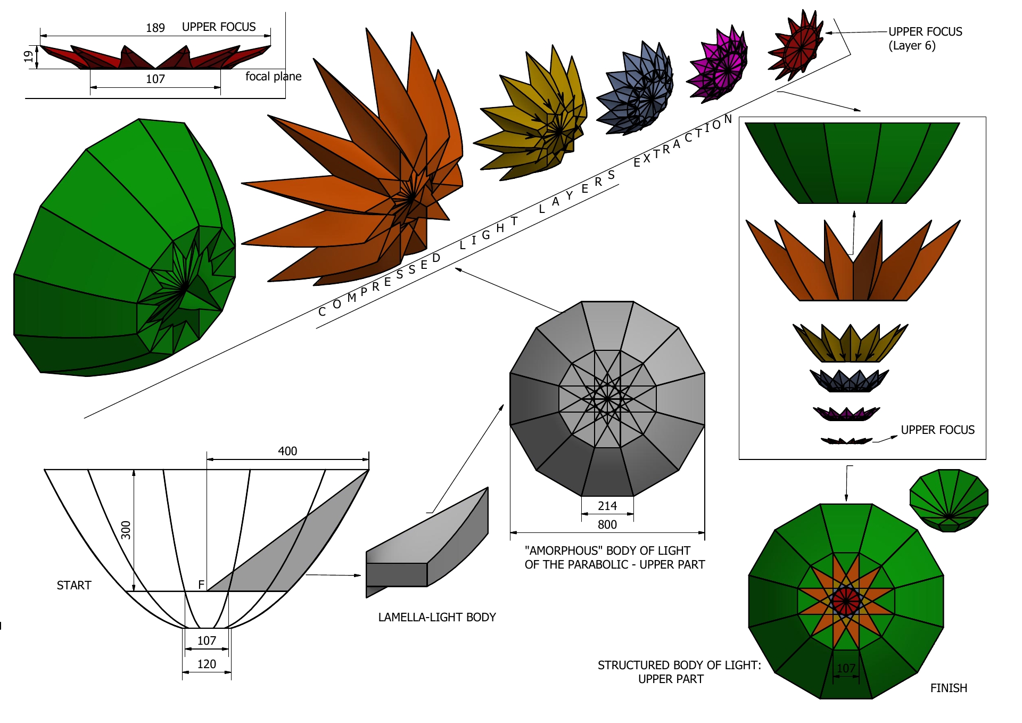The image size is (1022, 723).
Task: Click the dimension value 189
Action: [155, 28]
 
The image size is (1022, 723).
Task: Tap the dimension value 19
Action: [28, 56]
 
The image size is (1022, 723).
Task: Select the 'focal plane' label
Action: [273, 77]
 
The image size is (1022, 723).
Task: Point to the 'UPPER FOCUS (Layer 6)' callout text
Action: [925, 38]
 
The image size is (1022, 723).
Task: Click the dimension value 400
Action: [287, 451]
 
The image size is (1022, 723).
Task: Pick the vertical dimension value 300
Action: [126, 530]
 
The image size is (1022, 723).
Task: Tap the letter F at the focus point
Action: [201, 585]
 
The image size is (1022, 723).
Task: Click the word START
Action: [74, 586]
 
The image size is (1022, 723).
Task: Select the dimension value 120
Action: [207, 664]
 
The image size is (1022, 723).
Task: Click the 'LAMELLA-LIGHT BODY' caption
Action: [437, 618]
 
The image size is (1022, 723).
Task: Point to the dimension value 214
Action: [607, 506]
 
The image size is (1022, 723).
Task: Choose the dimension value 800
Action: [607, 525]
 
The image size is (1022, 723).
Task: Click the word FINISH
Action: [949, 688]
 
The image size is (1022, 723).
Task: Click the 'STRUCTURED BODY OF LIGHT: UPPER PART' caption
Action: [679, 672]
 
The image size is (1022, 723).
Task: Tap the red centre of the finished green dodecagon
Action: [846, 601]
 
